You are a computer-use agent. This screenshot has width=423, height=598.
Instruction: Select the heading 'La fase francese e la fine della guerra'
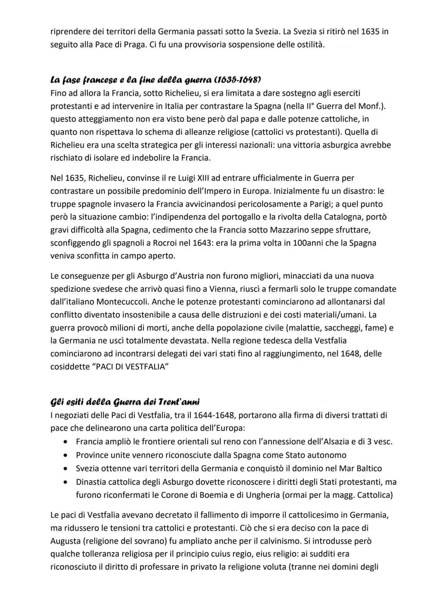coord(155,80)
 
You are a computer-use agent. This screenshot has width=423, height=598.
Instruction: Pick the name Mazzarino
coord(293,230)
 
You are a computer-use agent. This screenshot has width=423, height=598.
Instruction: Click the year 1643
coord(202,243)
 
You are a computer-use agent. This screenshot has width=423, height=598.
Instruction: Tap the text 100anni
coord(293,243)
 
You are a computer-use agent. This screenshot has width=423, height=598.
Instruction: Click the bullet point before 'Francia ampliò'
coord(66,442)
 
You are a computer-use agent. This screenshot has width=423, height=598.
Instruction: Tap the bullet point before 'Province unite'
coord(66,455)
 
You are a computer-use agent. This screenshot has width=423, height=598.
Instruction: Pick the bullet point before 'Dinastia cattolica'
coord(66,482)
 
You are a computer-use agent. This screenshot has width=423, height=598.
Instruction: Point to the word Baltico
coord(367,468)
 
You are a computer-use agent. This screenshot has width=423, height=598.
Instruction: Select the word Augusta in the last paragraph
coord(65,541)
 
